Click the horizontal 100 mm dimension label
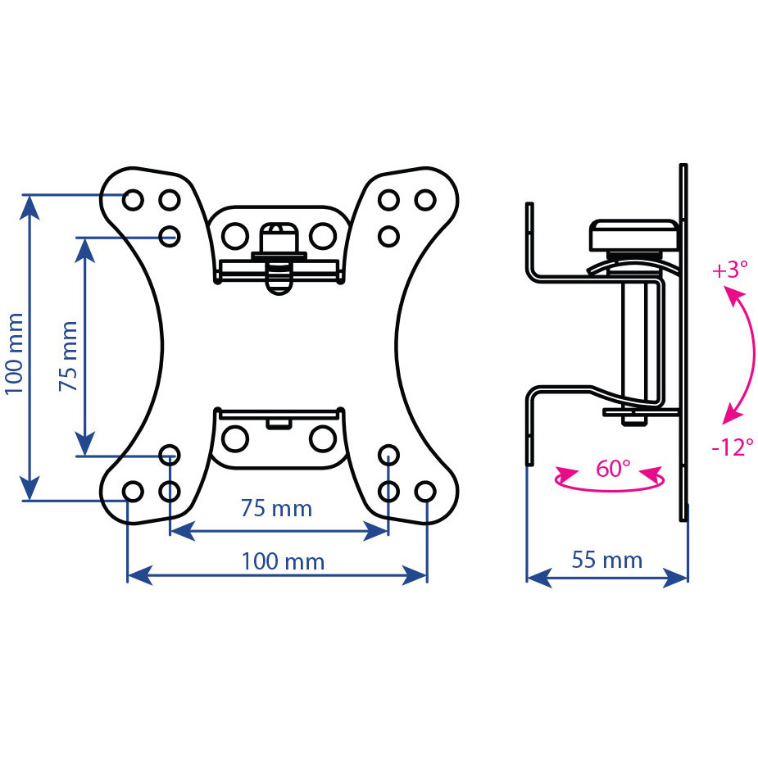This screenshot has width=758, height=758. (283, 561)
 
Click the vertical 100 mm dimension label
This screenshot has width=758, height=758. (15, 353)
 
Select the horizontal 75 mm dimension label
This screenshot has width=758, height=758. (276, 508)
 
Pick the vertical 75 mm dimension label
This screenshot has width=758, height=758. (68, 356)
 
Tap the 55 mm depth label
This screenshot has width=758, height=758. (607, 560)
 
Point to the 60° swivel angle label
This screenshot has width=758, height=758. (613, 469)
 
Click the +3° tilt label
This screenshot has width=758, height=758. (730, 270)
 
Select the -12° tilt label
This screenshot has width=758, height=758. (733, 447)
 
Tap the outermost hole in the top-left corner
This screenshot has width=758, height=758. (133, 200)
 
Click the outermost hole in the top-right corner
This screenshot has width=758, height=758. (425, 200)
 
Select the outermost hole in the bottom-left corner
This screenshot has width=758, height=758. (133, 492)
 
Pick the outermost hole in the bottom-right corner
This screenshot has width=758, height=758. (425, 492)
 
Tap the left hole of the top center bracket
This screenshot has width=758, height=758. (235, 236)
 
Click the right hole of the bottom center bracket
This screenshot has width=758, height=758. (323, 439)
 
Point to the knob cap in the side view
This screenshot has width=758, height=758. (634, 235)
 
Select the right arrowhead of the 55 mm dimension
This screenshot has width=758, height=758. (675, 578)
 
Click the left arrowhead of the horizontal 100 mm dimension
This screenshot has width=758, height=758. (139, 575)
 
